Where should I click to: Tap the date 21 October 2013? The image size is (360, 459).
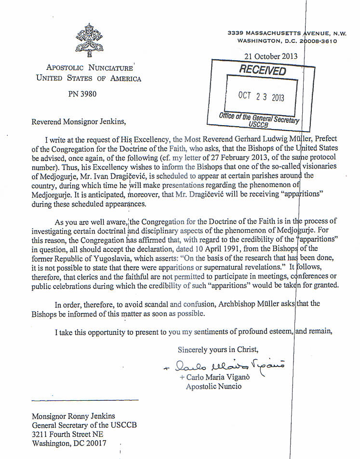pos(271,56)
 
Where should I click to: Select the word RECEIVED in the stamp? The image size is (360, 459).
pos(263,70)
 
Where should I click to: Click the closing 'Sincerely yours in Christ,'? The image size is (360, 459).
pos(218,349)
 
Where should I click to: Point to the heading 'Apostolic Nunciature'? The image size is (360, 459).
pos(89,68)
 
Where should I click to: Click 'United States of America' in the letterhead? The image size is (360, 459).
pos(89,79)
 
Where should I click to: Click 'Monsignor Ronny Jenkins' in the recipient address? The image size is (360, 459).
pos(73,416)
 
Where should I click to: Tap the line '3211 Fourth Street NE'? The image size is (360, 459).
pos(68,434)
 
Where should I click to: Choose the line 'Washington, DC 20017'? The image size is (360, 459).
pos(69,444)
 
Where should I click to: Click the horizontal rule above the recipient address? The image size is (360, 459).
pos(85,400)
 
